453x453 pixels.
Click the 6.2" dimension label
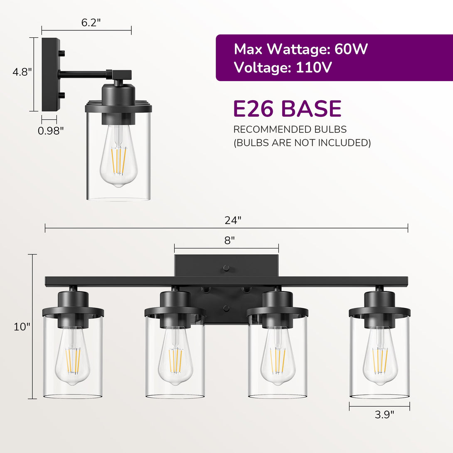tap(91, 22)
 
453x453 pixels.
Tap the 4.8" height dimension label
tap(22, 72)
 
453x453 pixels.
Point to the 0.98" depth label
tap(51, 130)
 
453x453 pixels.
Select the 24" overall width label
tap(233, 220)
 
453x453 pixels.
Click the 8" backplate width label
tap(229, 240)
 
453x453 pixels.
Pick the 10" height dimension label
tap(22, 327)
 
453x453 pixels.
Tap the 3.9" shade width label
tap(384, 415)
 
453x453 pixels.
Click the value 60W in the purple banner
tap(351, 49)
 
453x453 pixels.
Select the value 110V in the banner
tap(314, 68)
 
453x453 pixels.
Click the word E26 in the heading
tap(253, 108)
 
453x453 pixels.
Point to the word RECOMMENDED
tap(271, 129)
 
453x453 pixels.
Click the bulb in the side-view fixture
tap(118, 156)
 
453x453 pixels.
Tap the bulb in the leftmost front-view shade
tap(72, 355)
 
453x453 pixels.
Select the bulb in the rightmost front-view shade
tap(380, 355)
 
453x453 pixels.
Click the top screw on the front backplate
tap(226, 268)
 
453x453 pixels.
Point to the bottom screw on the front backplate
tap(226, 308)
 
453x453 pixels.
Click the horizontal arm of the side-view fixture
tap(84, 75)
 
